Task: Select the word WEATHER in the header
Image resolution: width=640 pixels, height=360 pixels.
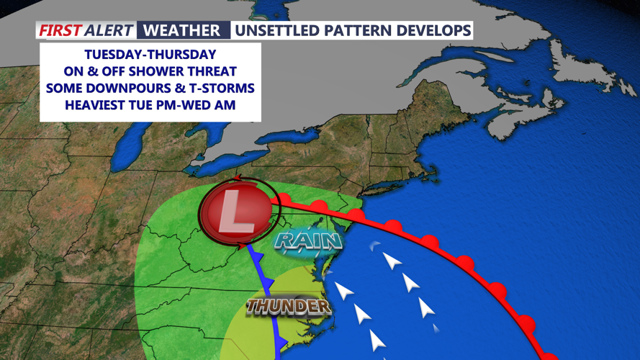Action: pos(181,30)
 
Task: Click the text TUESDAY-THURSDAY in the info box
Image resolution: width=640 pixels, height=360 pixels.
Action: pos(150,55)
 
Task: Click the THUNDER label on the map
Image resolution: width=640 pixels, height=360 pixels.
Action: pos(288,306)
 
